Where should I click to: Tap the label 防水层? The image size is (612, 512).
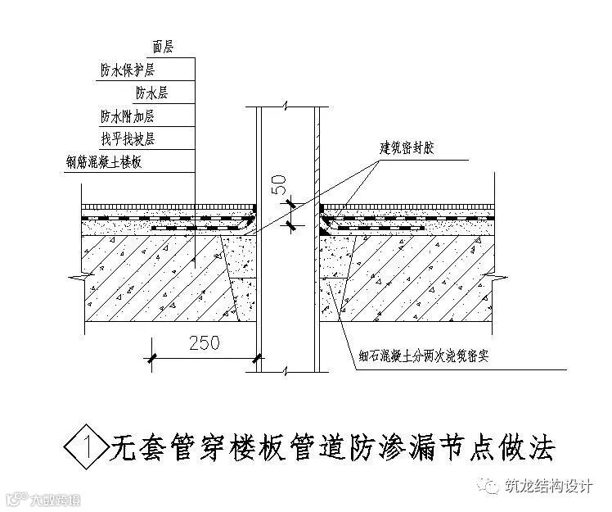pyautogui.click(x=152, y=93)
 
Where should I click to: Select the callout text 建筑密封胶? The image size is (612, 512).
pyautogui.click(x=408, y=148)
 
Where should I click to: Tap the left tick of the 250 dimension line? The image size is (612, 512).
pyautogui.click(x=152, y=356)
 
